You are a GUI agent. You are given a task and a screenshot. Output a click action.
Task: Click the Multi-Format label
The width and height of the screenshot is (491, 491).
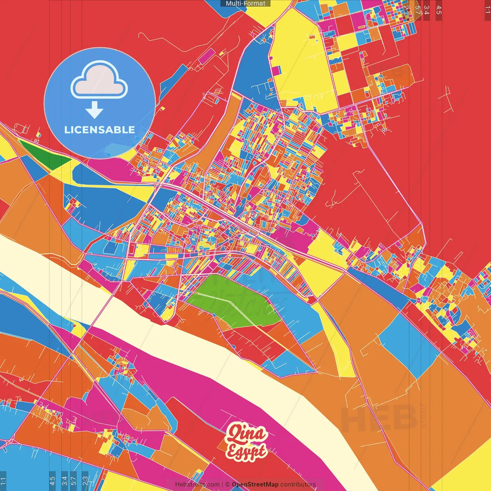click(245, 3)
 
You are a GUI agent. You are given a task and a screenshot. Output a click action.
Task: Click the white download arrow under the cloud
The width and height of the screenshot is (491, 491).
click(94, 110)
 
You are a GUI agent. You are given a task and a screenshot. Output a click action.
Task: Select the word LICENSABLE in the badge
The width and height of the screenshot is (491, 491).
click(99, 130)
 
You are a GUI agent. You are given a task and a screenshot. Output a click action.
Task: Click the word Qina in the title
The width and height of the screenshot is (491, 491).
click(246, 434)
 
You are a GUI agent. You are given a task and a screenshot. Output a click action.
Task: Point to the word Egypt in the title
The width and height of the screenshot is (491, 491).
click(246, 451)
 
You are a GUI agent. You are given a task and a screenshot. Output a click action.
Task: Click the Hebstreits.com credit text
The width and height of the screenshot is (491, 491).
click(197, 484)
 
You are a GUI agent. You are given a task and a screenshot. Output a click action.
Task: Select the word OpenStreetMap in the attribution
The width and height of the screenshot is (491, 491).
click(255, 484)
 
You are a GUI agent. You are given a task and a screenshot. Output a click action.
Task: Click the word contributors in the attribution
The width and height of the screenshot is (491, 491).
click(298, 484)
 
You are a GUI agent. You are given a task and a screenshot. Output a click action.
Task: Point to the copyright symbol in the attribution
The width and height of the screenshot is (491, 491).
click(227, 484)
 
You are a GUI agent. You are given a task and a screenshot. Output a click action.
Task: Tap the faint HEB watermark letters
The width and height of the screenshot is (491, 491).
click(378, 418)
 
